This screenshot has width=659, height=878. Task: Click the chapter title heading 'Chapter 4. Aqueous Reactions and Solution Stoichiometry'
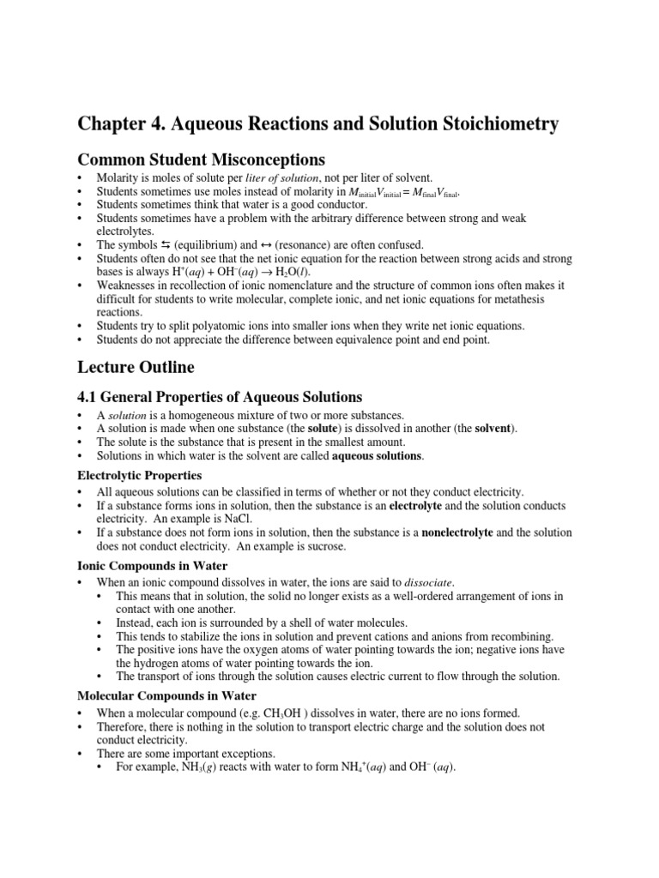318,124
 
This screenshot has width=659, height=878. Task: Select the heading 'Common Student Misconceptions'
201,159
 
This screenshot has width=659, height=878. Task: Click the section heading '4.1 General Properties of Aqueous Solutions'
220,397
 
